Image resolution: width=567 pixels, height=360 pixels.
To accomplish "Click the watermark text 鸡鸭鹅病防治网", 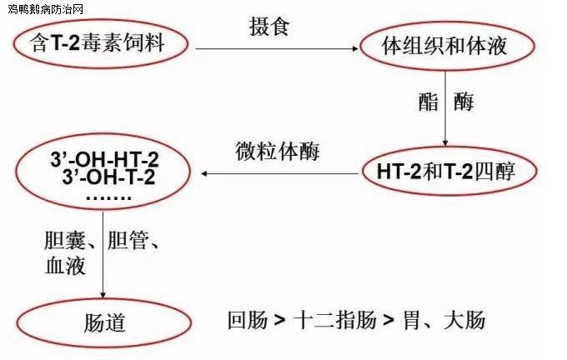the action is [x=45, y=8].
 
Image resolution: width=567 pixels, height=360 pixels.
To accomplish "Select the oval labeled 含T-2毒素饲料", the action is [x=101, y=43].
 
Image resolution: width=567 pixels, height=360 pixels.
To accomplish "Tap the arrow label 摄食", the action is [x=269, y=27].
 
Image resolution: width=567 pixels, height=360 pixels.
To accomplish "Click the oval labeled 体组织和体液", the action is [x=447, y=46].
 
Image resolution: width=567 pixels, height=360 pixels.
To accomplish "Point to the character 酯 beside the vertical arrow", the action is [x=428, y=102].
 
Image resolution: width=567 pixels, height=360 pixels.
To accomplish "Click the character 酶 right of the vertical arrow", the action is [x=464, y=102].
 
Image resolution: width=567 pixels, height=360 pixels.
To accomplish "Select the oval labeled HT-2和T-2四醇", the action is [x=449, y=171].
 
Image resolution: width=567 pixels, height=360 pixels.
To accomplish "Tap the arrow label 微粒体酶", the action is [x=278, y=151].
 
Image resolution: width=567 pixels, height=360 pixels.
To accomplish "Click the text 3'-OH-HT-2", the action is [x=104, y=159].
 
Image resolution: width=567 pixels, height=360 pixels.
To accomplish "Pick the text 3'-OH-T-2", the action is [x=108, y=177].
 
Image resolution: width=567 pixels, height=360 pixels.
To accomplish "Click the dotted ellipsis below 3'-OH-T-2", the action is [x=109, y=198].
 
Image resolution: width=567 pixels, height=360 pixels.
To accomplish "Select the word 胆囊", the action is [x=64, y=240].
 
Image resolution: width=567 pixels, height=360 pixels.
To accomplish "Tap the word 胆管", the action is [x=128, y=240].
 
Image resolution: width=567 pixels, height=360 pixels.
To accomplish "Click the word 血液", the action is [x=65, y=266].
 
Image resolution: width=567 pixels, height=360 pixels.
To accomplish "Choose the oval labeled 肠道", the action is [x=104, y=322].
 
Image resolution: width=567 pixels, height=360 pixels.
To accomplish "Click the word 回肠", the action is [x=248, y=320].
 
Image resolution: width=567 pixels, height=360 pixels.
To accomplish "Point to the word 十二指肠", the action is [x=335, y=320].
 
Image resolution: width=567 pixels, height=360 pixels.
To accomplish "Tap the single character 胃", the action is [x=412, y=320].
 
